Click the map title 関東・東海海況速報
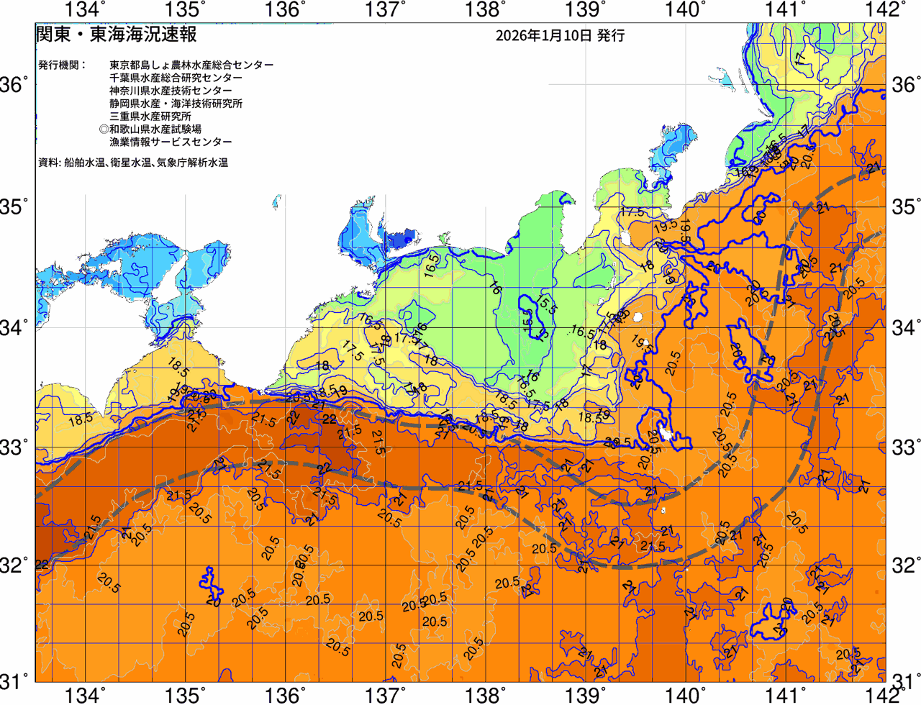tap(116, 35)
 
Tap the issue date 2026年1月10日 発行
tap(560, 35)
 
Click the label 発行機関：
tap(62, 65)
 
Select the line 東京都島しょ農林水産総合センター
tap(191, 65)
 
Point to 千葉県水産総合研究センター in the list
tap(176, 78)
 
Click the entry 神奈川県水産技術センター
tap(171, 91)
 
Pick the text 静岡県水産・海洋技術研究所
tap(176, 104)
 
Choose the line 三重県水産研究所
tap(150, 116)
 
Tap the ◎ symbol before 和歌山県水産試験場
tap(104, 129)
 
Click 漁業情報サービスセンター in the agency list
tap(171, 142)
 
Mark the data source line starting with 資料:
tap(133, 163)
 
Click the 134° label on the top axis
tap(85, 9)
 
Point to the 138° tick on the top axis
tap(484, 9)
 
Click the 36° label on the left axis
tap(14, 85)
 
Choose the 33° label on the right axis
tap(904, 446)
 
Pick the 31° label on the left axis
tap(14, 680)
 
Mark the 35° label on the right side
tap(904, 206)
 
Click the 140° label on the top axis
tap(684, 9)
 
